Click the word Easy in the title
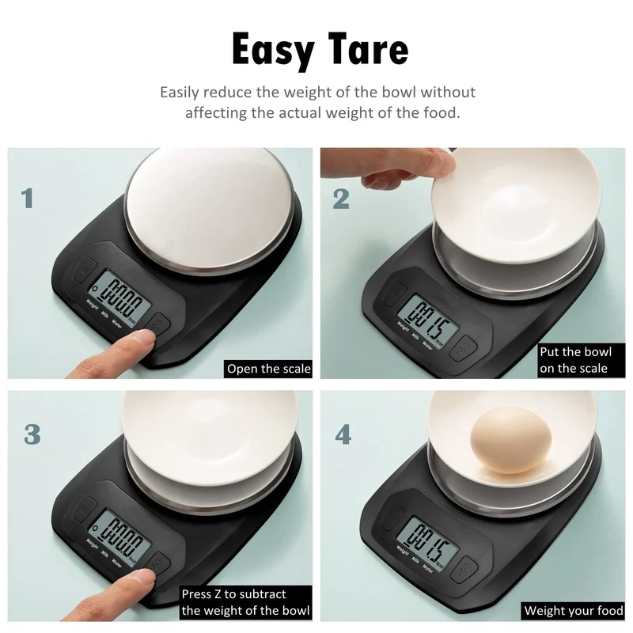(x=273, y=51)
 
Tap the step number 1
(x=28, y=199)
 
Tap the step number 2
(x=341, y=199)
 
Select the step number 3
(x=32, y=434)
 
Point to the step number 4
(x=343, y=434)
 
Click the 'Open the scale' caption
(x=268, y=369)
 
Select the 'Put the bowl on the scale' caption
(x=582, y=360)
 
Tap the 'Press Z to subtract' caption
(x=245, y=602)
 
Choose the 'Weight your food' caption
(x=573, y=610)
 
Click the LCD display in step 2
(x=428, y=320)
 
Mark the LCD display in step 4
(x=428, y=543)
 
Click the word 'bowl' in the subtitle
(x=399, y=92)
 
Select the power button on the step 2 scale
(x=464, y=347)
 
